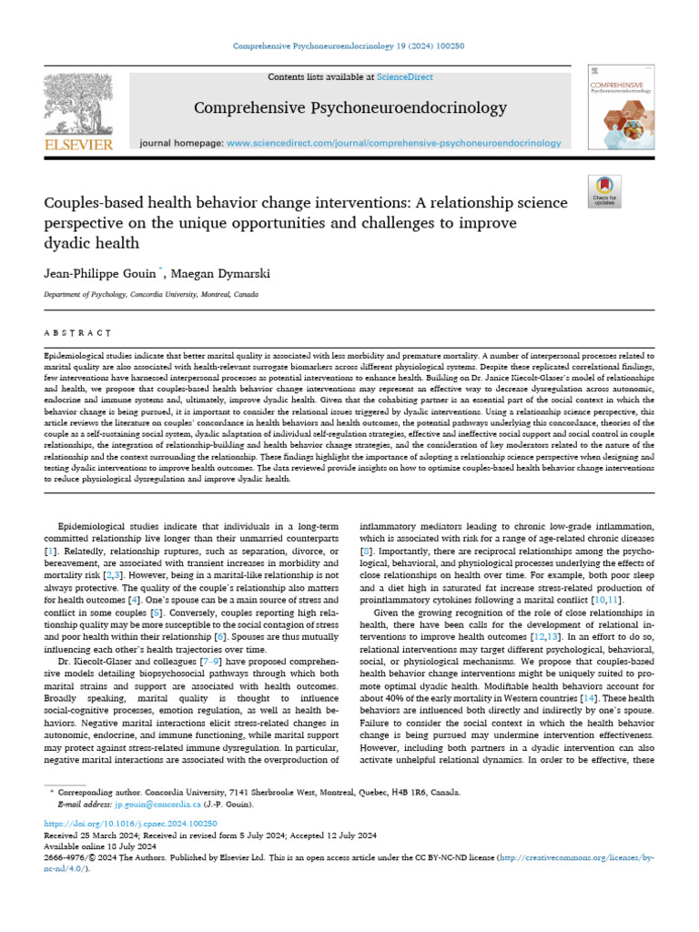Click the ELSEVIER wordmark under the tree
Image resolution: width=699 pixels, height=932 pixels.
pyautogui.click(x=78, y=145)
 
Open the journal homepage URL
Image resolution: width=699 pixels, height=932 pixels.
pyautogui.click(x=393, y=143)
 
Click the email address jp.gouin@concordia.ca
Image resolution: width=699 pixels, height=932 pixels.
pyautogui.click(x=157, y=805)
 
